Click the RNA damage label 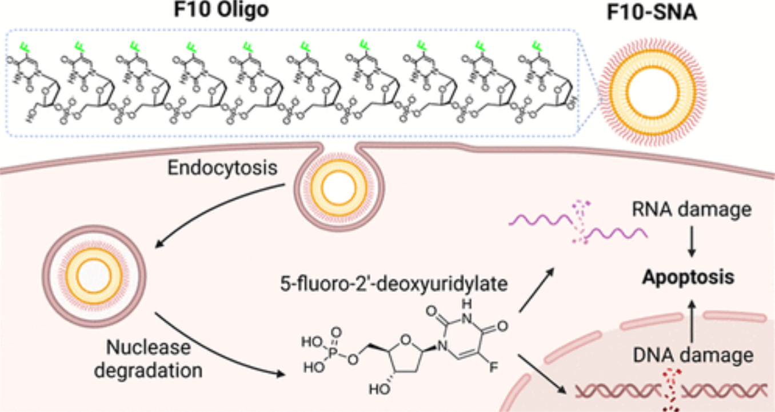(x=692, y=210)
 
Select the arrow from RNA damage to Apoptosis (x=692, y=244)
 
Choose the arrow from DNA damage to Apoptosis (x=692, y=317)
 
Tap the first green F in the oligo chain (x=23, y=46)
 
